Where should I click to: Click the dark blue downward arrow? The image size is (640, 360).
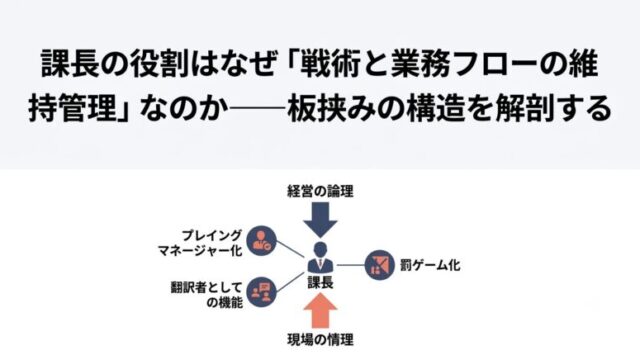click(x=320, y=220)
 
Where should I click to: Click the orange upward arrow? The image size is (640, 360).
click(x=320, y=311)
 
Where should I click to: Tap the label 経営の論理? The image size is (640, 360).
click(x=320, y=191)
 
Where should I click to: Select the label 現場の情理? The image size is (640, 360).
click(x=320, y=340)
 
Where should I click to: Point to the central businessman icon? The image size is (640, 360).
click(x=320, y=257)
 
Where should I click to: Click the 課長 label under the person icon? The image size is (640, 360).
click(x=320, y=282)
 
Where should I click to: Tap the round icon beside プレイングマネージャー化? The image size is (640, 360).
click(x=262, y=241)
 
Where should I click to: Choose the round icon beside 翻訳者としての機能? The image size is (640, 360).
click(x=262, y=292)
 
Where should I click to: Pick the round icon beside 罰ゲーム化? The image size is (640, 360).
click(x=379, y=265)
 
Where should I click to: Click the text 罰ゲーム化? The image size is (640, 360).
click(x=430, y=266)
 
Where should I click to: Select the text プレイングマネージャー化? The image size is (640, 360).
click(x=200, y=243)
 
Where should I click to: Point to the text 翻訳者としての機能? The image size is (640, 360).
click(x=207, y=295)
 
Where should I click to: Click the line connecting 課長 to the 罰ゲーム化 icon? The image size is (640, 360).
click(x=350, y=265)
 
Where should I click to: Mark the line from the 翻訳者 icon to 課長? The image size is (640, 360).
click(x=290, y=282)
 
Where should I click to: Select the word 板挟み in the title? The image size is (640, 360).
click(x=331, y=109)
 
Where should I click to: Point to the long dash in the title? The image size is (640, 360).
click(x=257, y=109)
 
